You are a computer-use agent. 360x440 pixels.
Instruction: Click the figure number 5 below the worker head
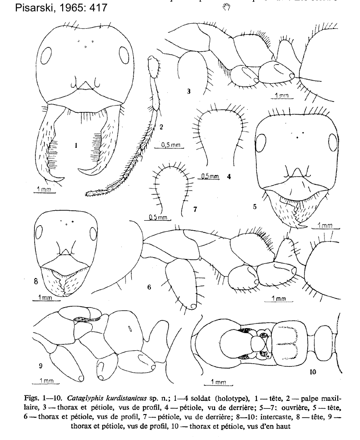coord(255,206)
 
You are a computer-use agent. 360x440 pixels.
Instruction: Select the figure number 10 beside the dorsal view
coord(313,372)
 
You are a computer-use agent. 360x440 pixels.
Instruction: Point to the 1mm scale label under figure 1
coord(45,189)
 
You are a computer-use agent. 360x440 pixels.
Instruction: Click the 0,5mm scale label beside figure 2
coord(171,145)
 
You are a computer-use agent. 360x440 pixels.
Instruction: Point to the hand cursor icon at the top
coord(228,5)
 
